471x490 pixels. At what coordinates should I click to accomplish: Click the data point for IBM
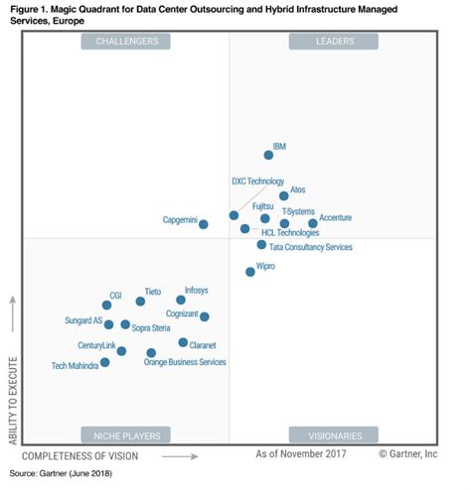268,155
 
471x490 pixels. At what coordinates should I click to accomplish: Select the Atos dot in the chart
284,196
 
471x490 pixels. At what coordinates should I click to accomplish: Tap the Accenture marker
313,223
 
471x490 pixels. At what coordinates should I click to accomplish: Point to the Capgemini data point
204,224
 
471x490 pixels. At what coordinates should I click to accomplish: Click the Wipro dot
250,271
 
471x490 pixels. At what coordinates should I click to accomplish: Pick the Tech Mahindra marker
105,362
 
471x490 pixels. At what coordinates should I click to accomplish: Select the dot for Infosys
181,300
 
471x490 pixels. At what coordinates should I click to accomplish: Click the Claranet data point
183,342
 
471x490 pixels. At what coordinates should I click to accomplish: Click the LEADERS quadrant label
334,42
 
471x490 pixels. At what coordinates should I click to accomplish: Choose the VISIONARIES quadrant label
334,433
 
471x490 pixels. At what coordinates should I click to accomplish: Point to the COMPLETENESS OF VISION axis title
80,455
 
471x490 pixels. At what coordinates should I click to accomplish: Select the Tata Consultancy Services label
311,246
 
